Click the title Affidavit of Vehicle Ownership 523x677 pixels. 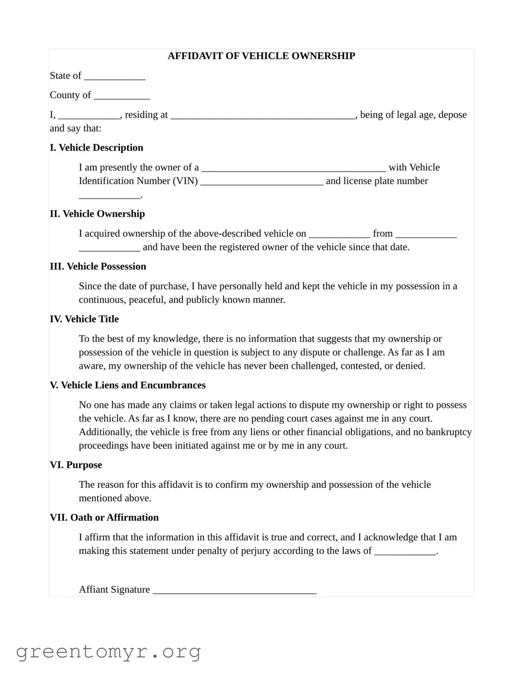coord(261,56)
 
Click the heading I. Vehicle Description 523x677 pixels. coord(97,148)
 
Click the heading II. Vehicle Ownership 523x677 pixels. coord(97,214)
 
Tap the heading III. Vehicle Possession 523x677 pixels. coord(98,267)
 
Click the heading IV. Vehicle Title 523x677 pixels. coord(84,319)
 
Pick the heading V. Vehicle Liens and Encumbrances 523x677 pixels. coord(128,385)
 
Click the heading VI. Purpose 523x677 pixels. coord(76,465)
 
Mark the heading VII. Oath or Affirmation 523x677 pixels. coord(104,518)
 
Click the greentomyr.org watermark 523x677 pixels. coord(108,652)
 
